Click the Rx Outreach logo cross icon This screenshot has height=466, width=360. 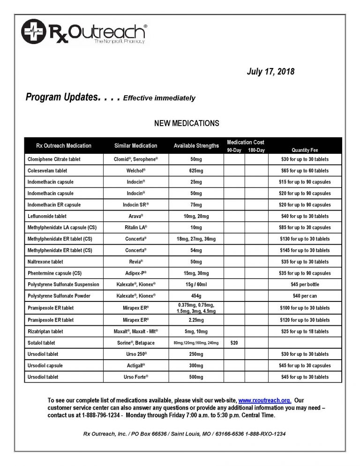point(33,31)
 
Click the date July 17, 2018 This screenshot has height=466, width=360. point(270,72)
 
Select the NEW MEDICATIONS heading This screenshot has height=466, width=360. point(187,123)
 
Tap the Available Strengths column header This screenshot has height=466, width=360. point(196,146)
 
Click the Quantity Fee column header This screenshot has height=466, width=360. point(305,150)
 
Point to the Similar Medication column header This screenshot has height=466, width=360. point(136,146)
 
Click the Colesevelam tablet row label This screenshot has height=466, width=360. point(47,171)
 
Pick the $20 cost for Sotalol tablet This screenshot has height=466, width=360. point(234,343)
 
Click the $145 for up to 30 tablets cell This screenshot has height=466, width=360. point(305,250)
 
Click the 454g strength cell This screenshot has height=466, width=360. point(196,296)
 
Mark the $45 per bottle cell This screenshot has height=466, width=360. point(305,285)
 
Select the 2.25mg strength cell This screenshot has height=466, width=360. point(196,320)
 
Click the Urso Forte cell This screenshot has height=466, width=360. point(136,377)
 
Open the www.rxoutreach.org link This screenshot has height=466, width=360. point(265,400)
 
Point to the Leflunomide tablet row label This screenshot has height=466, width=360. point(47,216)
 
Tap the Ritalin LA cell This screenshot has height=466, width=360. point(136,227)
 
